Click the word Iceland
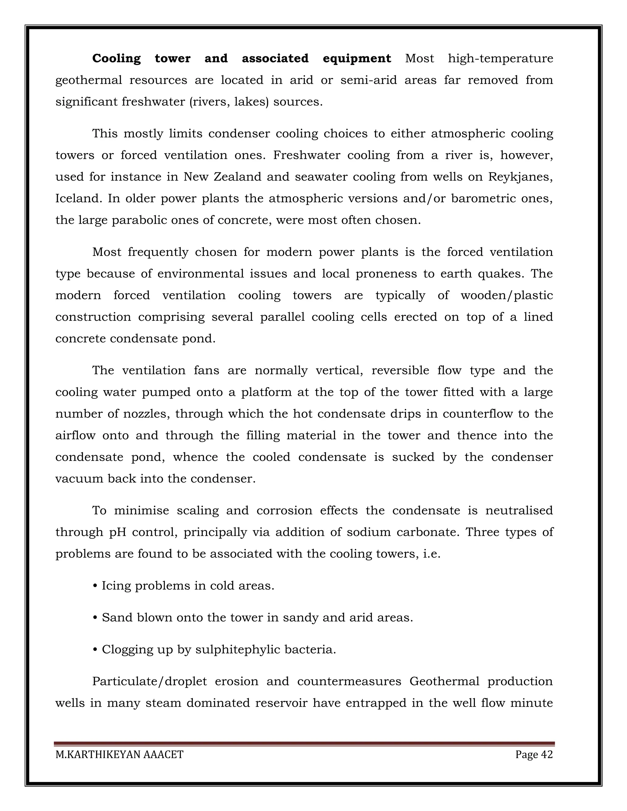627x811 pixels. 78,198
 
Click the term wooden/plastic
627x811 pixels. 507,295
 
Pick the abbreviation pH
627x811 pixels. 117,532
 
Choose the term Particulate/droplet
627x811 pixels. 149,682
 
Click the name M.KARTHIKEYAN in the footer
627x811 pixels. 98,754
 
